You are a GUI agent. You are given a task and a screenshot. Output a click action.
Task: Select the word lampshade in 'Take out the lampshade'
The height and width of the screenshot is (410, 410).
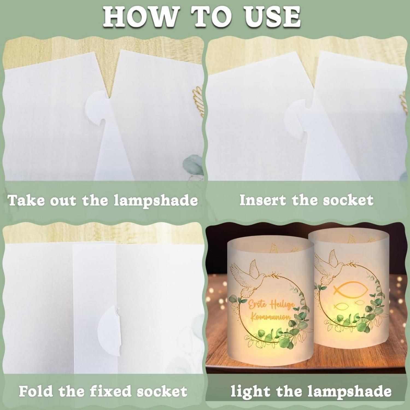tap(156, 201)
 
